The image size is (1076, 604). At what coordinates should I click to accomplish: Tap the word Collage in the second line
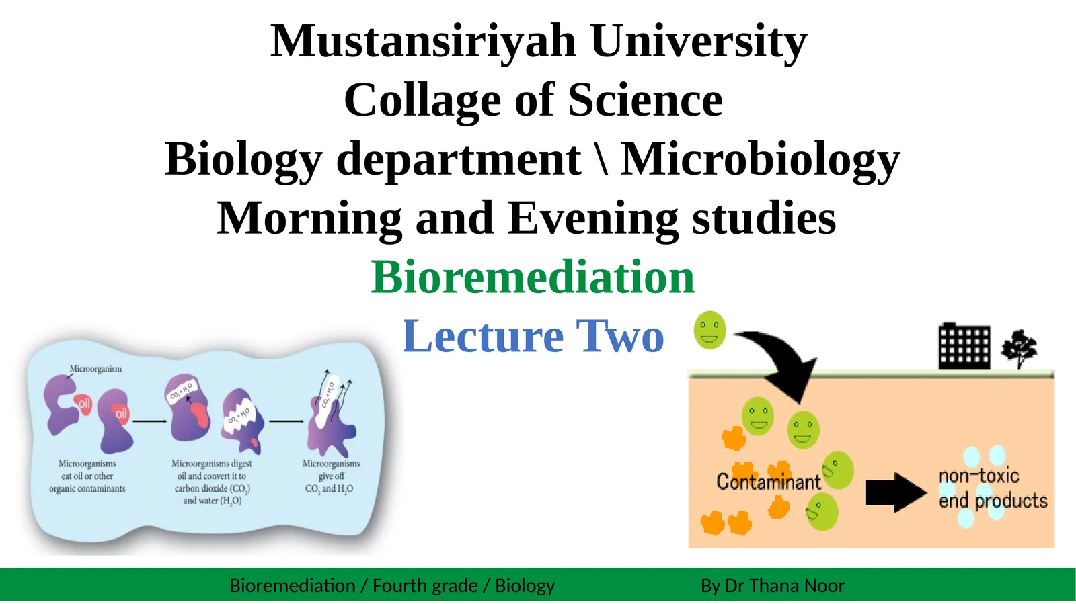[422, 101]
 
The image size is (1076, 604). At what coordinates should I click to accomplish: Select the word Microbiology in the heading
[759, 160]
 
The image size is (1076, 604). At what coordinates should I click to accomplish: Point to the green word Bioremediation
[533, 277]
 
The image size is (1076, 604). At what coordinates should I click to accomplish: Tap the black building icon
[964, 346]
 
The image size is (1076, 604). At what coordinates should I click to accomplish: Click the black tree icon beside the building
[1019, 347]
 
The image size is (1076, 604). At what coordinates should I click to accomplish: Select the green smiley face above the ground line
[709, 330]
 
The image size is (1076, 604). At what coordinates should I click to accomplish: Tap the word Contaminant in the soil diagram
[768, 482]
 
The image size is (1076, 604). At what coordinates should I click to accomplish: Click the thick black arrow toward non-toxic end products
[894, 492]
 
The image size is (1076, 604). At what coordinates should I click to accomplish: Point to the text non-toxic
[978, 476]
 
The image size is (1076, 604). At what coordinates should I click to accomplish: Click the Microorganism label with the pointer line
[95, 369]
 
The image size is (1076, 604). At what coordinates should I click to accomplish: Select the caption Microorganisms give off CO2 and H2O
[330, 476]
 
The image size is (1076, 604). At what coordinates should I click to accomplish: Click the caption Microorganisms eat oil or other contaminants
[87, 476]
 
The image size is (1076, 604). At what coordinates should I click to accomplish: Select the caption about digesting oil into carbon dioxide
[212, 482]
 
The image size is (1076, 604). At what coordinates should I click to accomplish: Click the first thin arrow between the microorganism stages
[150, 421]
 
